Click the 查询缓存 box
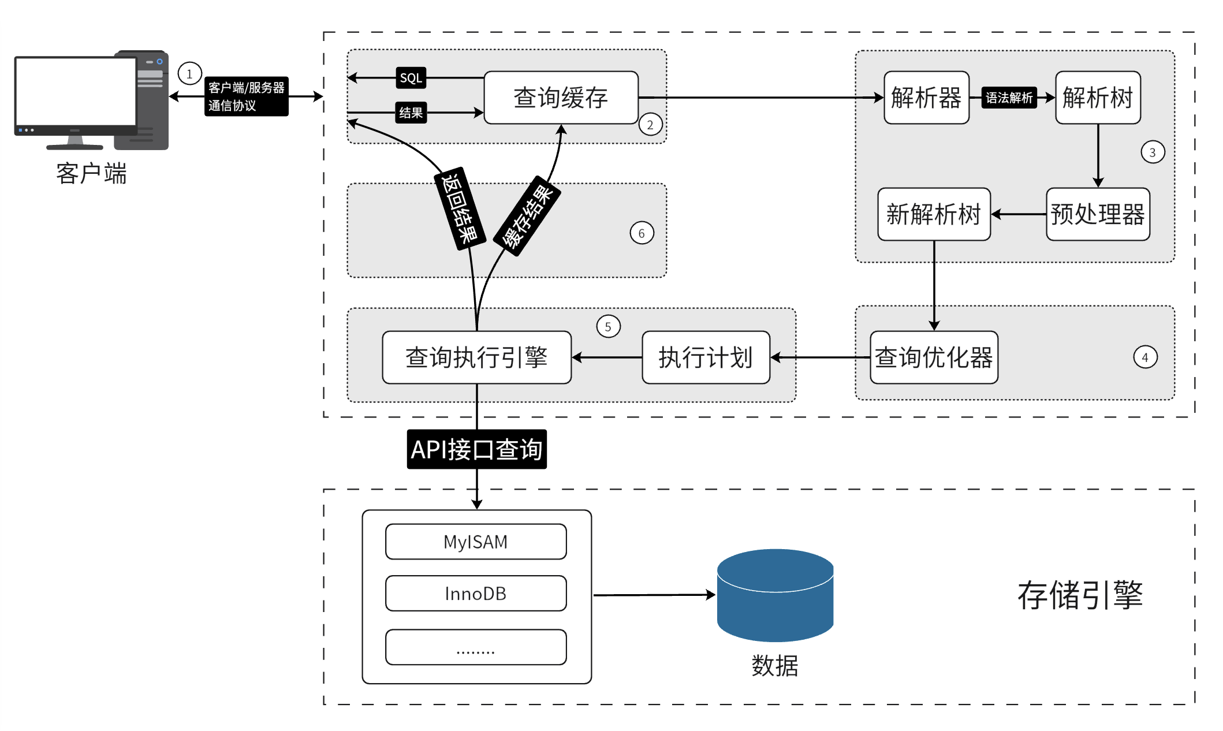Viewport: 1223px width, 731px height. (561, 98)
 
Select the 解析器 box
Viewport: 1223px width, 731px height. (926, 98)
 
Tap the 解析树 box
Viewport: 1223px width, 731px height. (1098, 98)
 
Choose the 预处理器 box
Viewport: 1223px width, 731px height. (1098, 214)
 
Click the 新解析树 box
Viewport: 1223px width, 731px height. (934, 214)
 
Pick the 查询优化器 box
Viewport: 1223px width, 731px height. (934, 357)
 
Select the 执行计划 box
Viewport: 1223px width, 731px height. (706, 357)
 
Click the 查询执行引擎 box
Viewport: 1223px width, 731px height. (476, 357)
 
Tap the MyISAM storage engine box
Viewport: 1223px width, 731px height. (476, 542)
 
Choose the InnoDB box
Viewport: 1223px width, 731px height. (476, 594)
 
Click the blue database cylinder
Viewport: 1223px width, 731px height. (775, 595)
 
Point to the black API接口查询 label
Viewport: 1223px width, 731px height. (476, 449)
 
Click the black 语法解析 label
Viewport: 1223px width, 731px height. (1009, 98)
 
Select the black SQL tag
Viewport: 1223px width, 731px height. (411, 78)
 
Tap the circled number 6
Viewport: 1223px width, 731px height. (642, 233)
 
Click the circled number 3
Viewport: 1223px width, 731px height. (1153, 152)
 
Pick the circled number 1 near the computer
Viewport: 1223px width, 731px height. (189, 74)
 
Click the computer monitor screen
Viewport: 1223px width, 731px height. (75, 91)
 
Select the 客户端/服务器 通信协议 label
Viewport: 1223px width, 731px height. (247, 96)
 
